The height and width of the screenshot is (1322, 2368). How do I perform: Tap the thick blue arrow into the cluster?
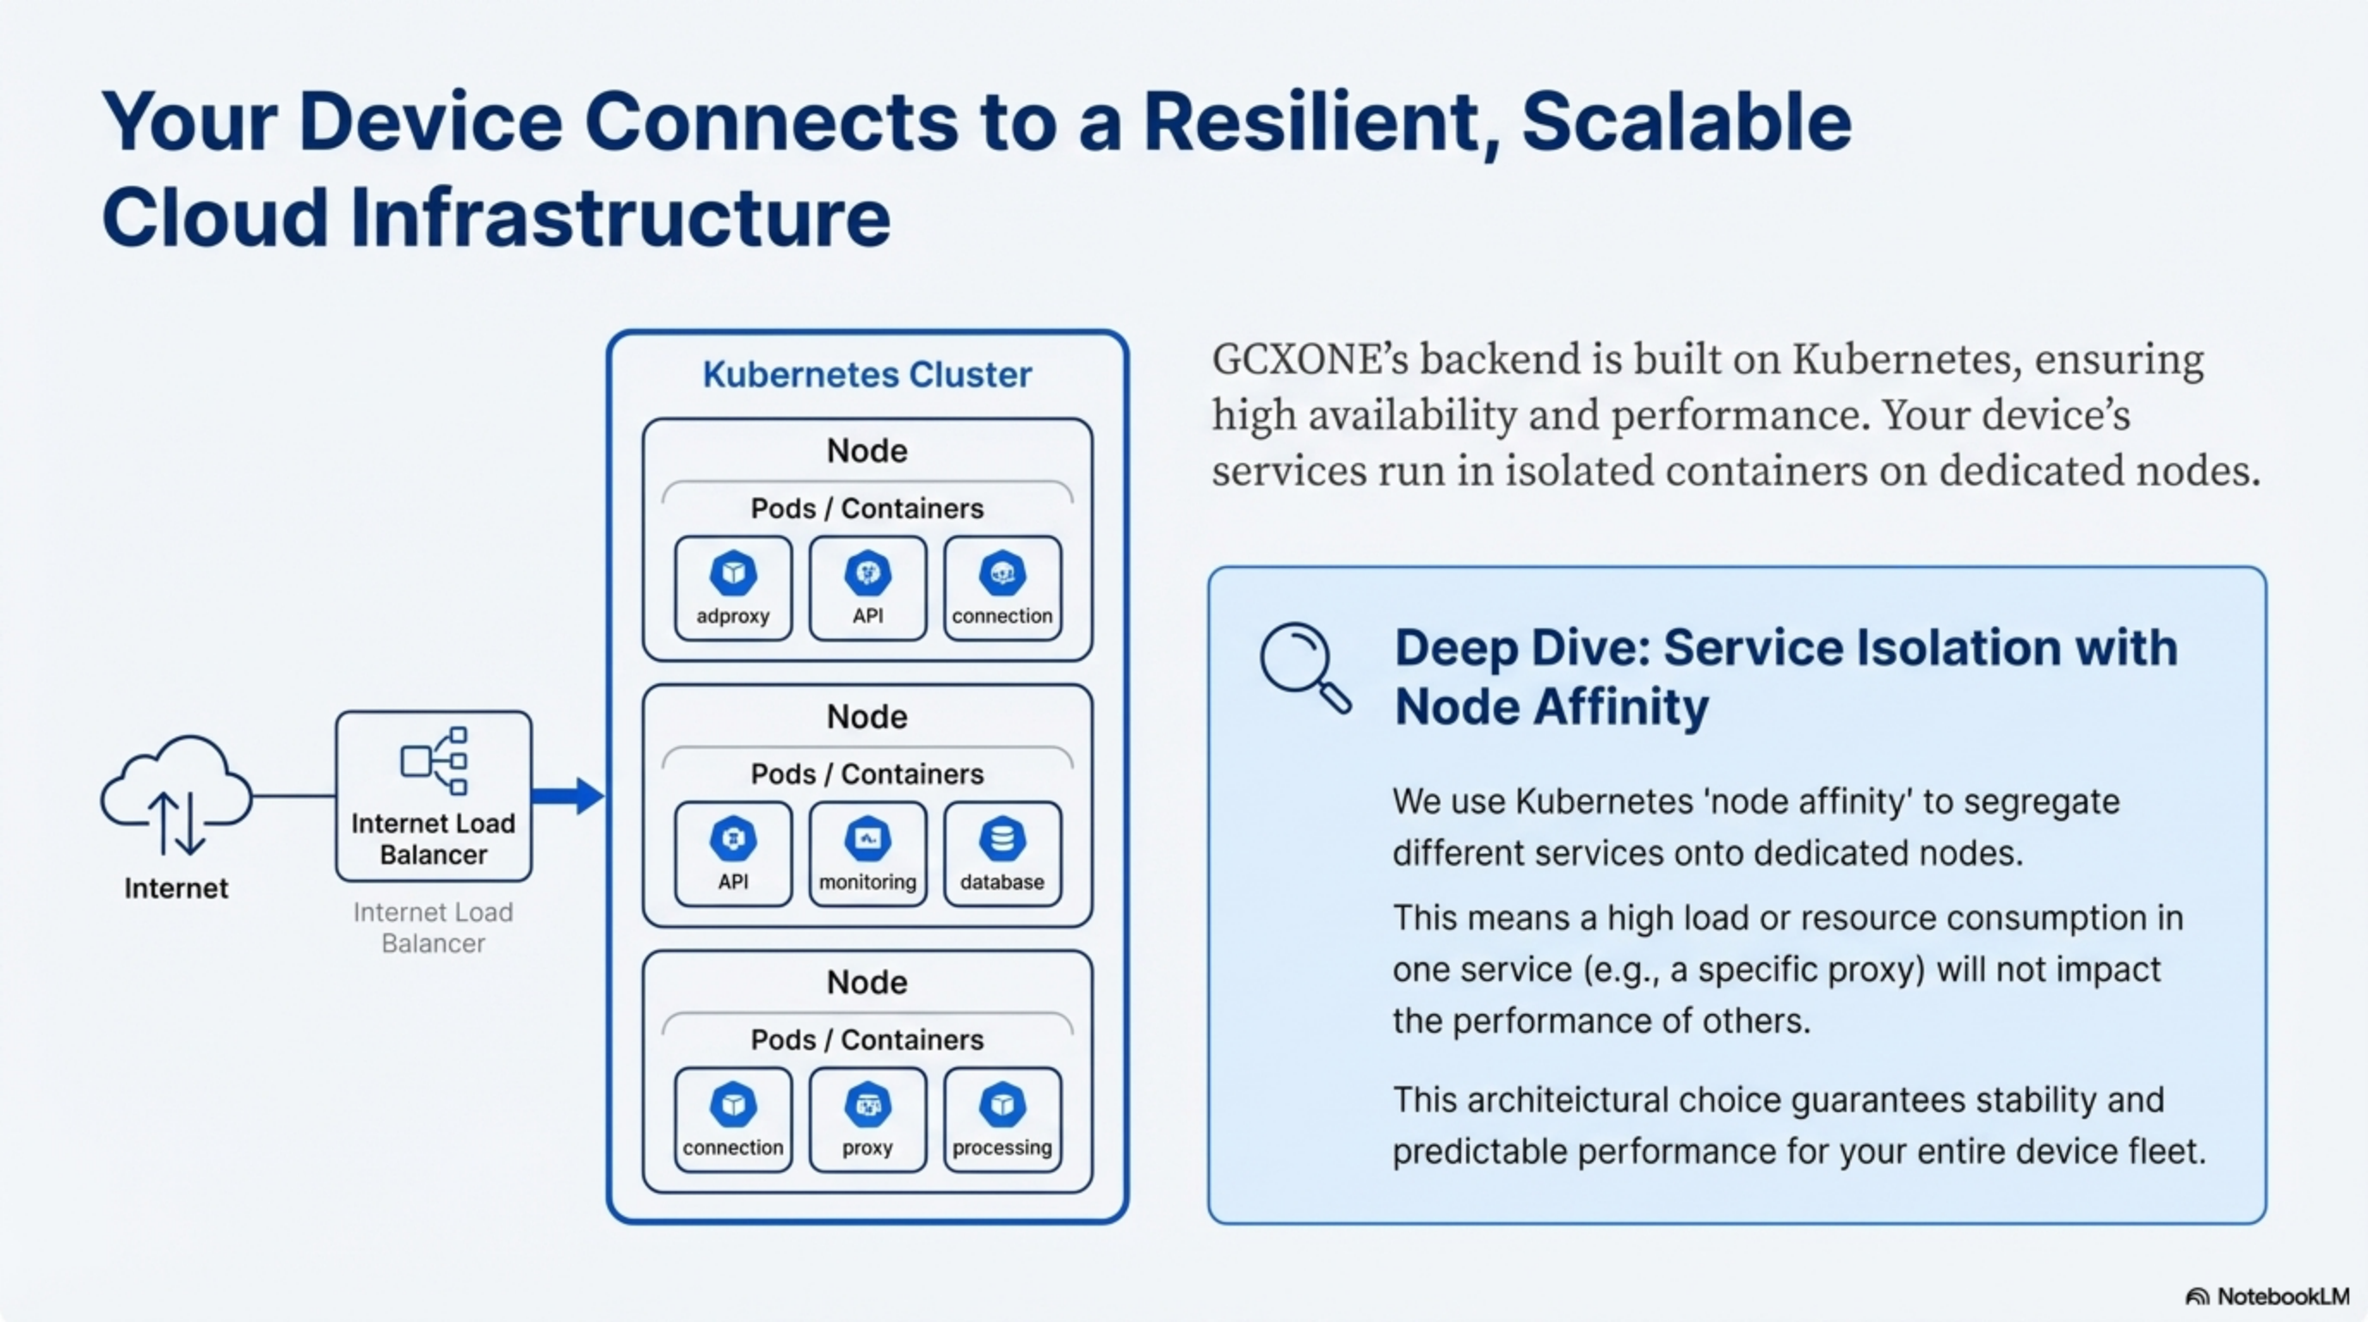(x=567, y=796)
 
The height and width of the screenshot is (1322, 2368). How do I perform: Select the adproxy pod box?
(x=732, y=589)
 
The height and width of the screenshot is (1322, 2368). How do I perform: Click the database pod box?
(x=1002, y=854)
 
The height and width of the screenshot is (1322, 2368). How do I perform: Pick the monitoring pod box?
(x=867, y=854)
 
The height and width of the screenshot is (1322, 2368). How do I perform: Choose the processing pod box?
(x=1002, y=1120)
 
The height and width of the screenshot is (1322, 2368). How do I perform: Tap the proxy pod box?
(x=867, y=1120)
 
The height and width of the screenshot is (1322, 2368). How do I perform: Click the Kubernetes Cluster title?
(x=866, y=375)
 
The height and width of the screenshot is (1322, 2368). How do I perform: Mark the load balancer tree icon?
(x=434, y=760)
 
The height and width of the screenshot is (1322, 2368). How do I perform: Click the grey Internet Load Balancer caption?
(x=433, y=928)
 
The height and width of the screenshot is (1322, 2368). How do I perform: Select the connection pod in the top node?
(x=1002, y=589)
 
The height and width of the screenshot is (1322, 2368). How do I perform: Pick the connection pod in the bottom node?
(x=732, y=1120)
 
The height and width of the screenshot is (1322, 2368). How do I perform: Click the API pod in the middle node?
(x=732, y=854)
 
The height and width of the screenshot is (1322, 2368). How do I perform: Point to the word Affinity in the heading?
(x=1619, y=707)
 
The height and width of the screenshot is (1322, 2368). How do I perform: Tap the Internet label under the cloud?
(x=176, y=888)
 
